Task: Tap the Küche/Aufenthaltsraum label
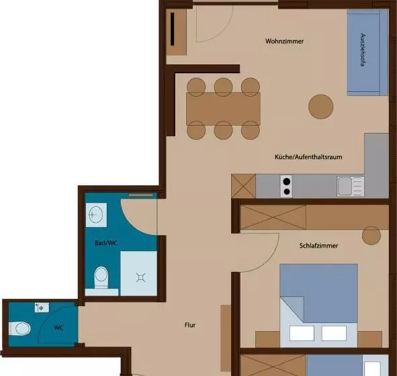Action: tap(309, 156)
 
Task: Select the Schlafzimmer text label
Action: tap(319, 246)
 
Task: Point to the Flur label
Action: tap(190, 325)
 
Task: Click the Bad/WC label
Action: tap(107, 242)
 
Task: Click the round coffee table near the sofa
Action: tap(320, 105)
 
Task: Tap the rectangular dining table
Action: tap(223, 108)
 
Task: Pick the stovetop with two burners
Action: tap(287, 186)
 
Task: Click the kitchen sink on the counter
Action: tap(349, 186)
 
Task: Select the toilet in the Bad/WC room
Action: tap(101, 276)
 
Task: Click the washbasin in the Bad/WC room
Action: tap(95, 216)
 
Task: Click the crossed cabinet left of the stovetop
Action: tap(244, 185)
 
